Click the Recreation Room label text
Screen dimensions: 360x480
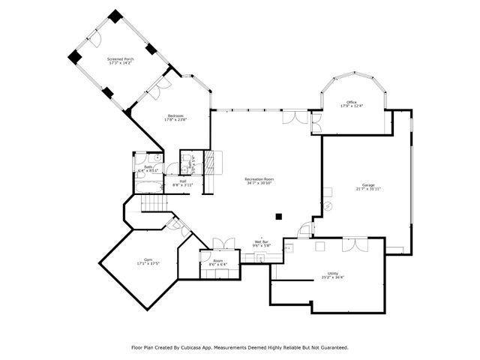point(259,178)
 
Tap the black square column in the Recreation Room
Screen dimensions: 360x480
point(278,216)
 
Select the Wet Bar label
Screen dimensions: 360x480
point(260,241)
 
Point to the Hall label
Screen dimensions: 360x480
point(182,180)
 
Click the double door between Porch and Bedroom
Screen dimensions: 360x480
point(154,91)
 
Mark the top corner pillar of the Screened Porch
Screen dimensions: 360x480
point(115,15)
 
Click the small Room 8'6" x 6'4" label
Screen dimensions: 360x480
point(218,261)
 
